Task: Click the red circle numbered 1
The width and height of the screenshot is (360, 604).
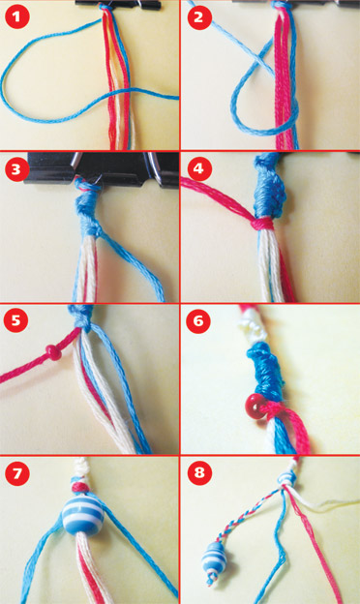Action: point(17,16)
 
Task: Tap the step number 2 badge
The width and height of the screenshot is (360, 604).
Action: point(198,17)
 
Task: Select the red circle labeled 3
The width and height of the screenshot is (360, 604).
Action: point(15,169)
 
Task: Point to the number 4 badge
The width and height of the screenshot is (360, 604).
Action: point(198,168)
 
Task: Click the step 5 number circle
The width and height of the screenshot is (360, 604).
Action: point(15,320)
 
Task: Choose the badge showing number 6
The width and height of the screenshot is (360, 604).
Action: point(198,320)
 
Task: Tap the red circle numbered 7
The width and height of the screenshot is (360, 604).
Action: point(17,472)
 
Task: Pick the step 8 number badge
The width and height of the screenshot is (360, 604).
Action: point(199,472)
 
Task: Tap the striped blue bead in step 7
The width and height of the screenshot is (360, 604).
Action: point(83,515)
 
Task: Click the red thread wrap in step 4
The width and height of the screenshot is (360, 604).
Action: point(264,224)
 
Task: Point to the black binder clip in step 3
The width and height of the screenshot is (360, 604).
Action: point(101,168)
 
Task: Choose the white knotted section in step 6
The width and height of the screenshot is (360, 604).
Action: point(254,326)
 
